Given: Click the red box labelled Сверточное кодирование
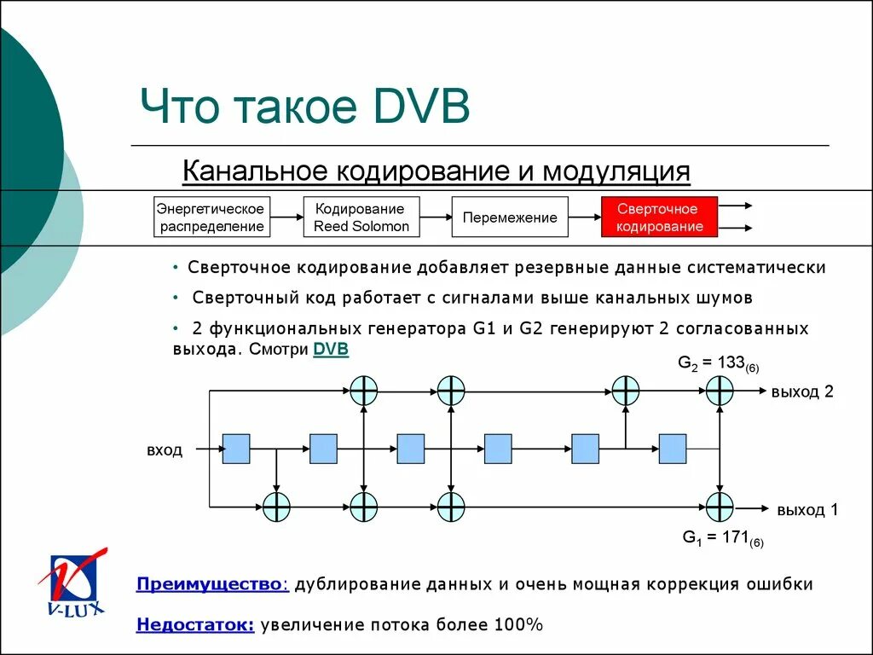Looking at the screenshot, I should (658, 217).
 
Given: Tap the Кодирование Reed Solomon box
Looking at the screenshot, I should (361, 217).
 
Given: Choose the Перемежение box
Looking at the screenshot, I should (509, 217).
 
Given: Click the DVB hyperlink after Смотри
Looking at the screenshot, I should (331, 349).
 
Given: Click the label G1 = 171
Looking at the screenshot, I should (722, 537).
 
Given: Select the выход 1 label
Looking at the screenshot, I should (807, 510).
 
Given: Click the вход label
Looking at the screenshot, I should (165, 449).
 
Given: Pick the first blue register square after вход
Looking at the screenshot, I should (236, 448).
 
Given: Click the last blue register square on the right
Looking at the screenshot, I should (673, 448).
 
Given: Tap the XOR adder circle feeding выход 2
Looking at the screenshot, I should (720, 391).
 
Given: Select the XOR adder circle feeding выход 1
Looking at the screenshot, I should (720, 507).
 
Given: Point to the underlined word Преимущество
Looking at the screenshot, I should (211, 584).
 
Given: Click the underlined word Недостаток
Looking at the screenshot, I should (194, 624).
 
